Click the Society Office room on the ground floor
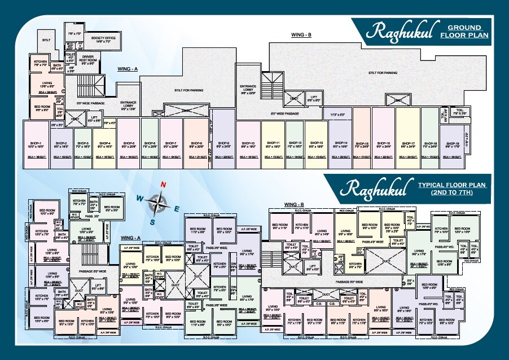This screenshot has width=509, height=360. pyautogui.click(x=103, y=39)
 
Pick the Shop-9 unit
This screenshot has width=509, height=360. pyautogui.click(x=224, y=144)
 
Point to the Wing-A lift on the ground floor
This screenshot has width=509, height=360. pyautogui.click(x=94, y=118)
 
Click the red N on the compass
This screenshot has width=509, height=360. pyautogui.click(x=163, y=185)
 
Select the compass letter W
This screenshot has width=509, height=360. pyautogui.click(x=138, y=197)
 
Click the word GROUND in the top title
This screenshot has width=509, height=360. pyautogui.click(x=464, y=27)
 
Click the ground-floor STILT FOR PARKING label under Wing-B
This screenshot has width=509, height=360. pyautogui.click(x=383, y=73)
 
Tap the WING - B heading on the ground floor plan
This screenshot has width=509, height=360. pyautogui.click(x=301, y=35)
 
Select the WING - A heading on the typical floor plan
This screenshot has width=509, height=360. pyautogui.click(x=130, y=239)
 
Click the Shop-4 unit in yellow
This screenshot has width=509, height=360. pyautogui.click(x=104, y=144)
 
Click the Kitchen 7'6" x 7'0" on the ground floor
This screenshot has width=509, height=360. pyautogui.click(x=40, y=63)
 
